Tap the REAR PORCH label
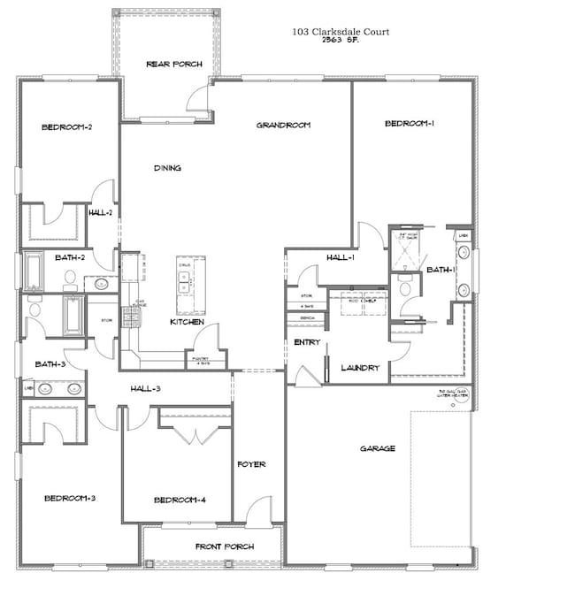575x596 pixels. coord(174,65)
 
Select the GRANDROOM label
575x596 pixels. coord(283,126)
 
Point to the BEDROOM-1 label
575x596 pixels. coord(410,124)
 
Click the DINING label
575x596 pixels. coord(167,168)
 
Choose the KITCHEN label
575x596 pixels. coord(188,323)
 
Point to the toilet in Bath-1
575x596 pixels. coord(405,287)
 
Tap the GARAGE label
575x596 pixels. coord(378,448)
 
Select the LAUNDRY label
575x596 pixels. coord(361,368)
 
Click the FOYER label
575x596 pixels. coord(251,464)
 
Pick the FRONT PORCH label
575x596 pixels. coord(224,547)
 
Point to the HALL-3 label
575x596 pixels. coord(145,388)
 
